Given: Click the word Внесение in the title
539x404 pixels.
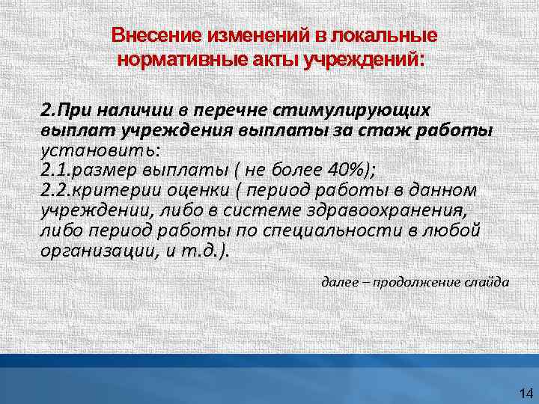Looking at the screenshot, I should click(143, 36).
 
